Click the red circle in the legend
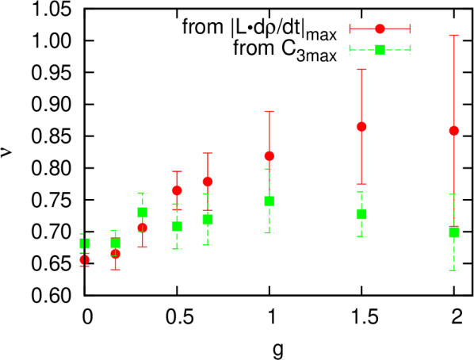click(380, 29)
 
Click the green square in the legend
click(380, 50)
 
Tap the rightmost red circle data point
click(454, 131)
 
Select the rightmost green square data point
click(454, 232)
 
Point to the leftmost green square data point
click(84, 243)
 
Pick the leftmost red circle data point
click(84, 259)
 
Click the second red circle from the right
click(361, 127)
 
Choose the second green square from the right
click(361, 214)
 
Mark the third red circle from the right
click(269, 156)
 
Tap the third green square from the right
click(269, 201)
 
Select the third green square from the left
click(142, 213)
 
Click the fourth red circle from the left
click(177, 190)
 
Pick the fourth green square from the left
click(177, 226)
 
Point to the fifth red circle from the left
click(208, 182)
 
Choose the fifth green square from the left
click(208, 220)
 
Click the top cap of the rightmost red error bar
click(454, 35)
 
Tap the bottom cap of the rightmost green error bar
click(454, 270)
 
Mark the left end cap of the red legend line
click(350, 29)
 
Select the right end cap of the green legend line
click(411, 50)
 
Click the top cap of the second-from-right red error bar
click(361, 70)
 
